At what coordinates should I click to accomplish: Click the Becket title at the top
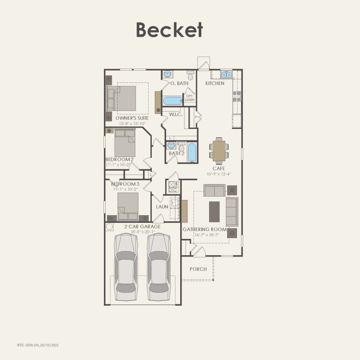[169, 30]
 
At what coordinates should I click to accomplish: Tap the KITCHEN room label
[214, 83]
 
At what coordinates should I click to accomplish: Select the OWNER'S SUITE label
[132, 118]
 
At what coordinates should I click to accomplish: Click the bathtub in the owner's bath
[172, 101]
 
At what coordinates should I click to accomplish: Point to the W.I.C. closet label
[176, 115]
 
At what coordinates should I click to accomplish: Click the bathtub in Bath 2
[192, 153]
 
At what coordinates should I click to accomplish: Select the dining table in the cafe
[219, 151]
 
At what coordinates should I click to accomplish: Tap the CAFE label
[219, 169]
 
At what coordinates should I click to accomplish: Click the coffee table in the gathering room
[214, 211]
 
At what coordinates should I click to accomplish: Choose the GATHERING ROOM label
[204, 229]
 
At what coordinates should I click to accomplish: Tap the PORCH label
[198, 269]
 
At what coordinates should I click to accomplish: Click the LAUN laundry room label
[162, 207]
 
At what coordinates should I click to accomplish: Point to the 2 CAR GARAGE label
[142, 226]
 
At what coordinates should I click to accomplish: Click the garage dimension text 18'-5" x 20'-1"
[142, 232]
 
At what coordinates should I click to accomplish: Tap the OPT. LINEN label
[190, 98]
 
